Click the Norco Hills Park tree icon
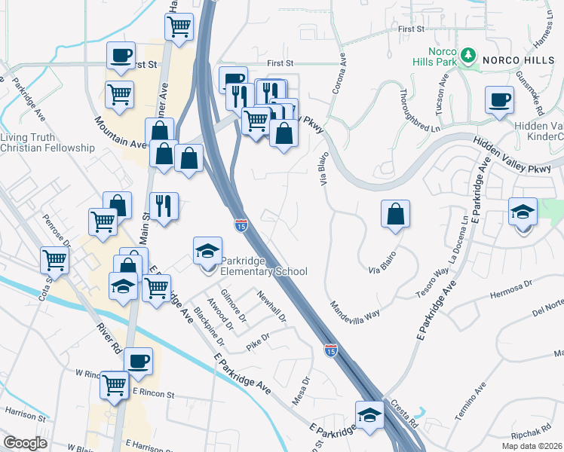point(468,55)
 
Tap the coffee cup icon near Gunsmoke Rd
point(499,99)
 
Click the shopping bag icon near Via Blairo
point(395,214)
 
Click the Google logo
point(25,443)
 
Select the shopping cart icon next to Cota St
point(54,260)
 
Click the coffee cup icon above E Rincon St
point(139,361)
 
